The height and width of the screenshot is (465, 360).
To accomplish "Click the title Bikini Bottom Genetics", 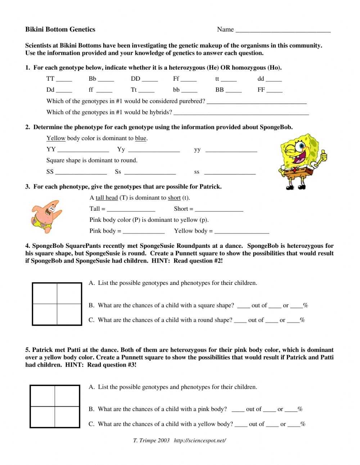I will (60, 30).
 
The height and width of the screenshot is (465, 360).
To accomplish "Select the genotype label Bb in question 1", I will (93, 79).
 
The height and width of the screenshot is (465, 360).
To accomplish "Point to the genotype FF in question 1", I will (261, 90).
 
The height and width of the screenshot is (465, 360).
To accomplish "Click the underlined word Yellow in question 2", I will (56, 138).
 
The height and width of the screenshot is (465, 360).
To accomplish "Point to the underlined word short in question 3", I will (174, 198).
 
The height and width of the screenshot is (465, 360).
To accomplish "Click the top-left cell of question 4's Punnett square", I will (45, 294).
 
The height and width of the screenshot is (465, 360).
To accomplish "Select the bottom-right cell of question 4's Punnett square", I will (69, 314).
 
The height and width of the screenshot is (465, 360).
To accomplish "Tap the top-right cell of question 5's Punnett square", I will (67, 396).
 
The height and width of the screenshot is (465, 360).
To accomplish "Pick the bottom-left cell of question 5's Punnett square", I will (43, 417).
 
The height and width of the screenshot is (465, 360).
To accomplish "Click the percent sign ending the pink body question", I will (300, 409).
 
